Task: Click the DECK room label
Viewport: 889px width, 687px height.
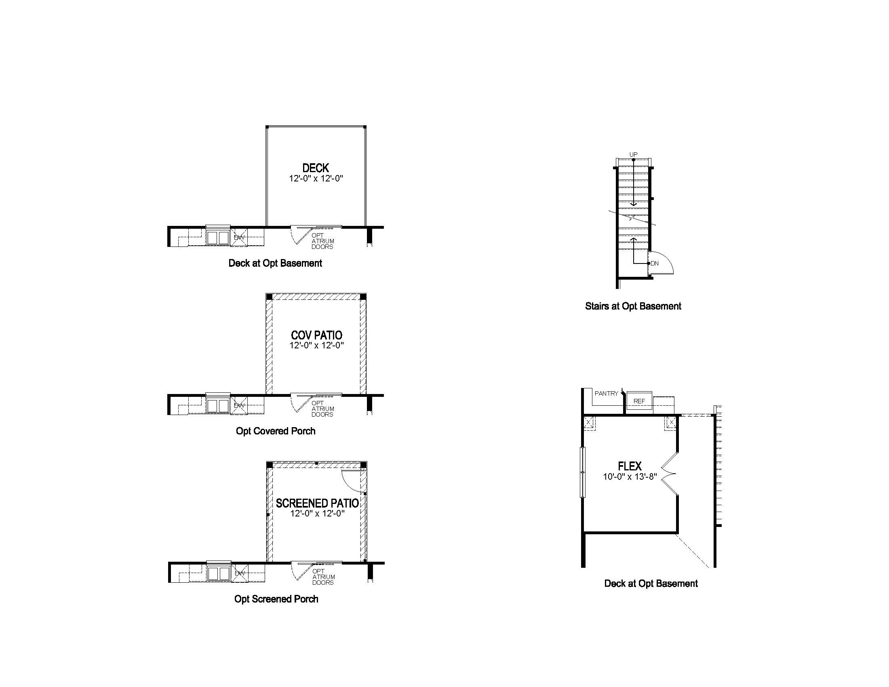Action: click(x=316, y=168)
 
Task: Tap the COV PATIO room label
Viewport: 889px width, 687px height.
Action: click(x=317, y=335)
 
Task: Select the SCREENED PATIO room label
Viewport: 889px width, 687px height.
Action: click(x=318, y=504)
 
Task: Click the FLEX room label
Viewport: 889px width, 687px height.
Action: click(x=630, y=466)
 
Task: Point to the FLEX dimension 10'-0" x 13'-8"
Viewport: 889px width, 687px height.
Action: click(x=630, y=476)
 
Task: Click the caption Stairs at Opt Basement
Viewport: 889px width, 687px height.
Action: click(x=633, y=306)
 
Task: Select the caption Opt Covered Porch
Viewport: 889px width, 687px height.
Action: click(x=276, y=431)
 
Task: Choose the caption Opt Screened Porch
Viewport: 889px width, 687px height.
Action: click(x=276, y=599)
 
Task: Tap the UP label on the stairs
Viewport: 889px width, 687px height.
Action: click(x=633, y=155)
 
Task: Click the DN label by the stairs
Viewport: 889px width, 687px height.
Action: click(x=655, y=263)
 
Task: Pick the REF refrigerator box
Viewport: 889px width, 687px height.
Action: click(x=639, y=401)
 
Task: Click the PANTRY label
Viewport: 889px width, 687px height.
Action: click(x=607, y=394)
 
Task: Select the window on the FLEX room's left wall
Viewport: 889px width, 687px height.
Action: click(x=582, y=472)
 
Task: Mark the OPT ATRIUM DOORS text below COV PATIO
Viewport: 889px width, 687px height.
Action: click(x=322, y=409)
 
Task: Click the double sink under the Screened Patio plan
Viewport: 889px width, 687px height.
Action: click(x=219, y=573)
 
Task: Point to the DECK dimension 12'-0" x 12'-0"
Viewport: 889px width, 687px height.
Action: click(x=316, y=178)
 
